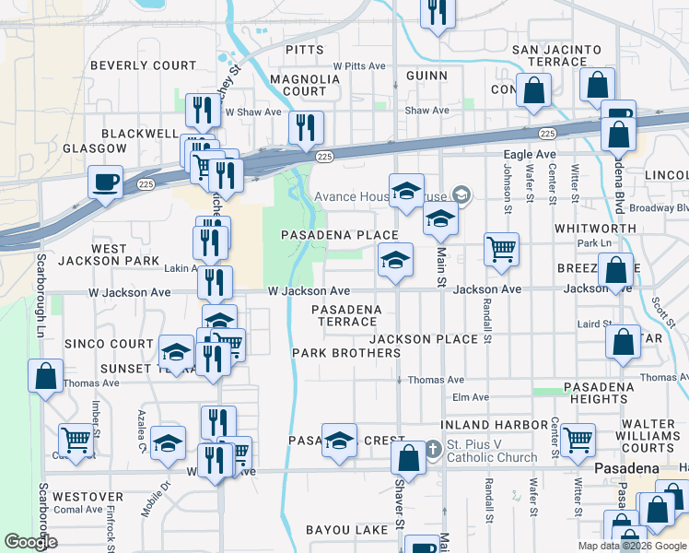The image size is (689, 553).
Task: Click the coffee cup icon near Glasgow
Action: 105,180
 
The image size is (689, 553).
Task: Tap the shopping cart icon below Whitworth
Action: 501,248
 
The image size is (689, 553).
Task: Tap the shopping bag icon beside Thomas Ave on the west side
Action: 45,377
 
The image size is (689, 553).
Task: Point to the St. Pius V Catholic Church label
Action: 492,451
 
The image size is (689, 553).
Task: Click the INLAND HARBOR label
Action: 496,424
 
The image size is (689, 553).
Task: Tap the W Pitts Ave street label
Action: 359,66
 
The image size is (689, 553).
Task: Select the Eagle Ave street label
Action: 530,155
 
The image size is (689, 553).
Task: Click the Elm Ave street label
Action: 470,397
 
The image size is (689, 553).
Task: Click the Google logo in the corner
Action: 30,542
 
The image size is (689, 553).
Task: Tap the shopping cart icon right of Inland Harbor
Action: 578,440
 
